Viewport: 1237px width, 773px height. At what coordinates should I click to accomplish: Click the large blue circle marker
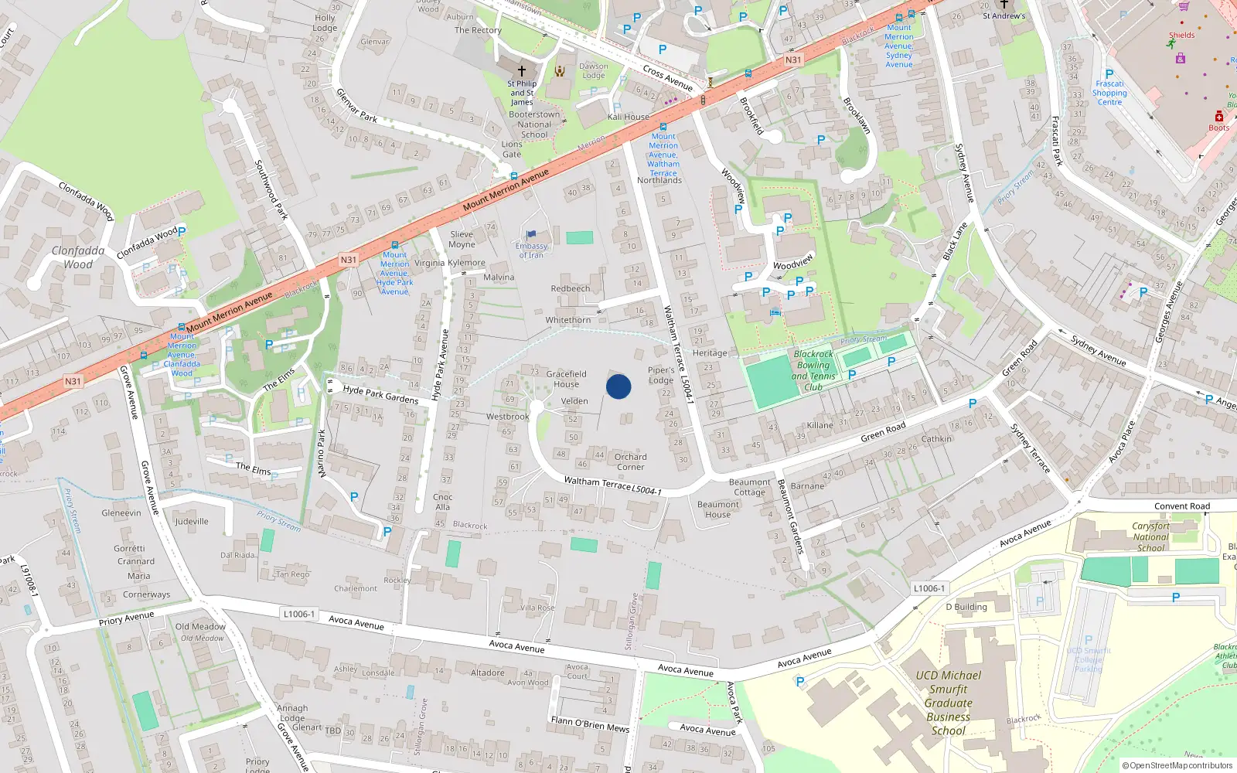point(618,386)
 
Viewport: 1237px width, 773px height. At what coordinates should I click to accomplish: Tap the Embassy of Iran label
point(531,250)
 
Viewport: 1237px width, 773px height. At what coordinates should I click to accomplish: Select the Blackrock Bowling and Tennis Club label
point(813,370)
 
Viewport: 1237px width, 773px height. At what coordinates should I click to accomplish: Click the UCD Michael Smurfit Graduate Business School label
point(949,703)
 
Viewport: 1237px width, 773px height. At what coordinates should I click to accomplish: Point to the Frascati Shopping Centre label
point(1109,93)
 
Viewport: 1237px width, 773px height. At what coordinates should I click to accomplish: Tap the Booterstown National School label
point(534,124)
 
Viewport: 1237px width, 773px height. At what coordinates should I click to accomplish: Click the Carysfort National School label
point(1150,536)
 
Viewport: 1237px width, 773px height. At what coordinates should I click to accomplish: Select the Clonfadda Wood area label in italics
point(78,257)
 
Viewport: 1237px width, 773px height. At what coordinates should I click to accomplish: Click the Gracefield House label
point(566,379)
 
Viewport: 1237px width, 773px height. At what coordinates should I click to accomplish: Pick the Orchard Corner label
point(631,461)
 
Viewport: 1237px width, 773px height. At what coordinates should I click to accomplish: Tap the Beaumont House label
point(718,509)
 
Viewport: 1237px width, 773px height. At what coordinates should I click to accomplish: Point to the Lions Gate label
point(512,149)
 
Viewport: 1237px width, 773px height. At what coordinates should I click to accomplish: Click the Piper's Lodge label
point(661,375)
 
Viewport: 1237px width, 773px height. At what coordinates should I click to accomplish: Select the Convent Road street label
point(1182,506)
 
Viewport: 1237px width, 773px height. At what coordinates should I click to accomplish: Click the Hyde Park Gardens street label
point(380,395)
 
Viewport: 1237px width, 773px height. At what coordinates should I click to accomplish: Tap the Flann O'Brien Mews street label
point(590,724)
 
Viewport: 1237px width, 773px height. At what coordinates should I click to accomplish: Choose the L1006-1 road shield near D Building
point(929,588)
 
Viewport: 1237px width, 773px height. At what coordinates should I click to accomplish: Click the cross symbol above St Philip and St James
point(522,70)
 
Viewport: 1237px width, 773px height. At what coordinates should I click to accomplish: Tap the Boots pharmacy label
point(1219,128)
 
